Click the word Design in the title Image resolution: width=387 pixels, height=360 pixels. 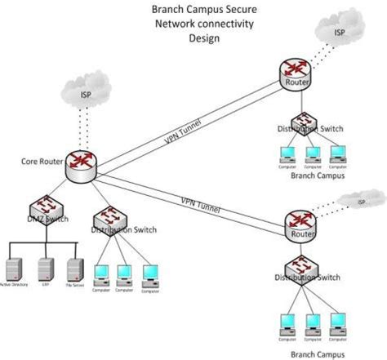[x=204, y=38]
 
